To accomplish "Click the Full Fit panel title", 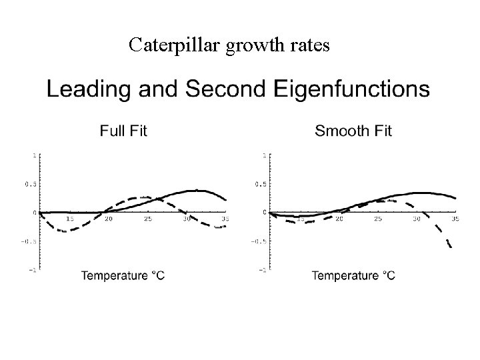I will (x=123, y=131).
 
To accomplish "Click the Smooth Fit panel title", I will (x=353, y=131).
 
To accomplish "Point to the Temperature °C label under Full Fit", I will (x=123, y=276).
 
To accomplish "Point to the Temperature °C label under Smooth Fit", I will (x=353, y=276).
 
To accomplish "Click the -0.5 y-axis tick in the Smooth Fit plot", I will (x=255, y=242).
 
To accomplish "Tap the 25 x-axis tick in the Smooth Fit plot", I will (x=379, y=219).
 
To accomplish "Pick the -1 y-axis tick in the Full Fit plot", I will (x=33, y=270).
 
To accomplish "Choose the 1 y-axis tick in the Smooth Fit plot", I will (x=264, y=155).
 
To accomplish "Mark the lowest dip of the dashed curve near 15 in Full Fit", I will (x=63, y=231).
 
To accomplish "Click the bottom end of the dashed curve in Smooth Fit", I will (x=451, y=247).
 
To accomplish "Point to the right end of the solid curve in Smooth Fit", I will (x=456, y=198).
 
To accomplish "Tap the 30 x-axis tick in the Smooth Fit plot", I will (x=417, y=219).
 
